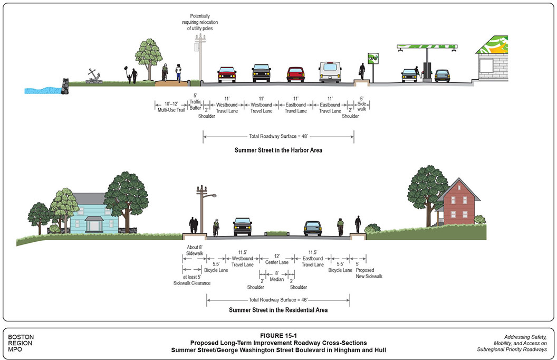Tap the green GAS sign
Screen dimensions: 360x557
(373, 58)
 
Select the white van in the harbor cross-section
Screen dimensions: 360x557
(330, 72)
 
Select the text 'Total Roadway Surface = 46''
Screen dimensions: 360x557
(278, 300)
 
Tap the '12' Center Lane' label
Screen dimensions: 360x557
(276, 259)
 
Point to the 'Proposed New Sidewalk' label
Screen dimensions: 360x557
(369, 273)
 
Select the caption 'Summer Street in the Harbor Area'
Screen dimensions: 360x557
(278, 150)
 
